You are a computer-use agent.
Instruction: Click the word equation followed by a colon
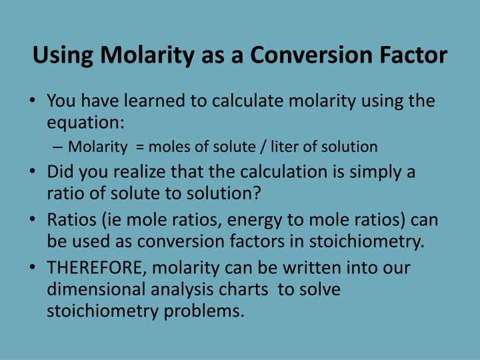86,124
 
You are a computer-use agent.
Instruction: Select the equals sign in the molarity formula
139,147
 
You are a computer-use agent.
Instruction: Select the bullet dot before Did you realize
33,172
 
